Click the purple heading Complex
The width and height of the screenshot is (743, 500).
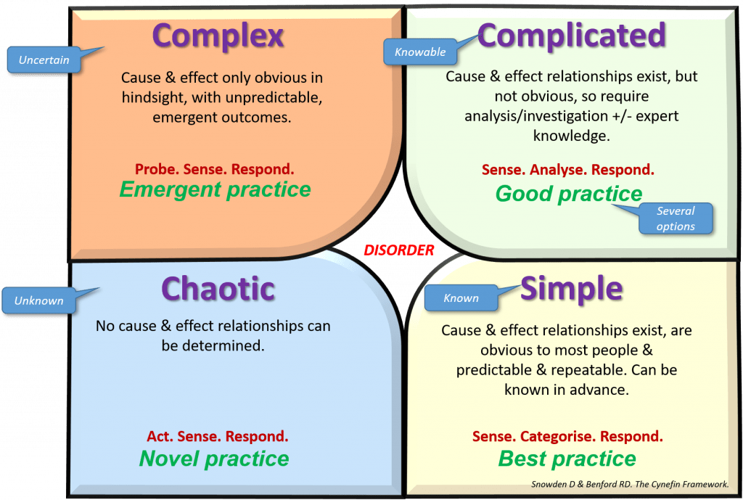click(218, 36)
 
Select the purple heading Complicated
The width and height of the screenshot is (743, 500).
click(572, 36)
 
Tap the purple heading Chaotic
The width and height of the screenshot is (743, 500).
click(218, 289)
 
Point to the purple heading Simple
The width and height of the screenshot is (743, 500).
click(572, 288)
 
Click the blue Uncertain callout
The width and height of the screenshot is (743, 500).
click(44, 60)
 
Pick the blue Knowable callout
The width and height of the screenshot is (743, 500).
click(420, 52)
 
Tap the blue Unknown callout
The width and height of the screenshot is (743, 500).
click(39, 300)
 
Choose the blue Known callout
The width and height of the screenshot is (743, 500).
click(461, 298)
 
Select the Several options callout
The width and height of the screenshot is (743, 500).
click(676, 218)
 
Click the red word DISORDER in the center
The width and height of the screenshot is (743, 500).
click(398, 250)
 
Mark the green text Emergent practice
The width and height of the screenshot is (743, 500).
click(215, 189)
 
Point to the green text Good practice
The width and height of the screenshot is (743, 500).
click(569, 193)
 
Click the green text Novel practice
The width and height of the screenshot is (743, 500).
click(214, 459)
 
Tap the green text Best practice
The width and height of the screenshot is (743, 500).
click(567, 459)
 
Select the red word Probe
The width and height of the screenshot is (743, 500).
click(157, 169)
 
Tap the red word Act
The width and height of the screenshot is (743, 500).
click(160, 436)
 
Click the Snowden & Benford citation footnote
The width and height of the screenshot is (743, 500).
click(630, 484)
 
